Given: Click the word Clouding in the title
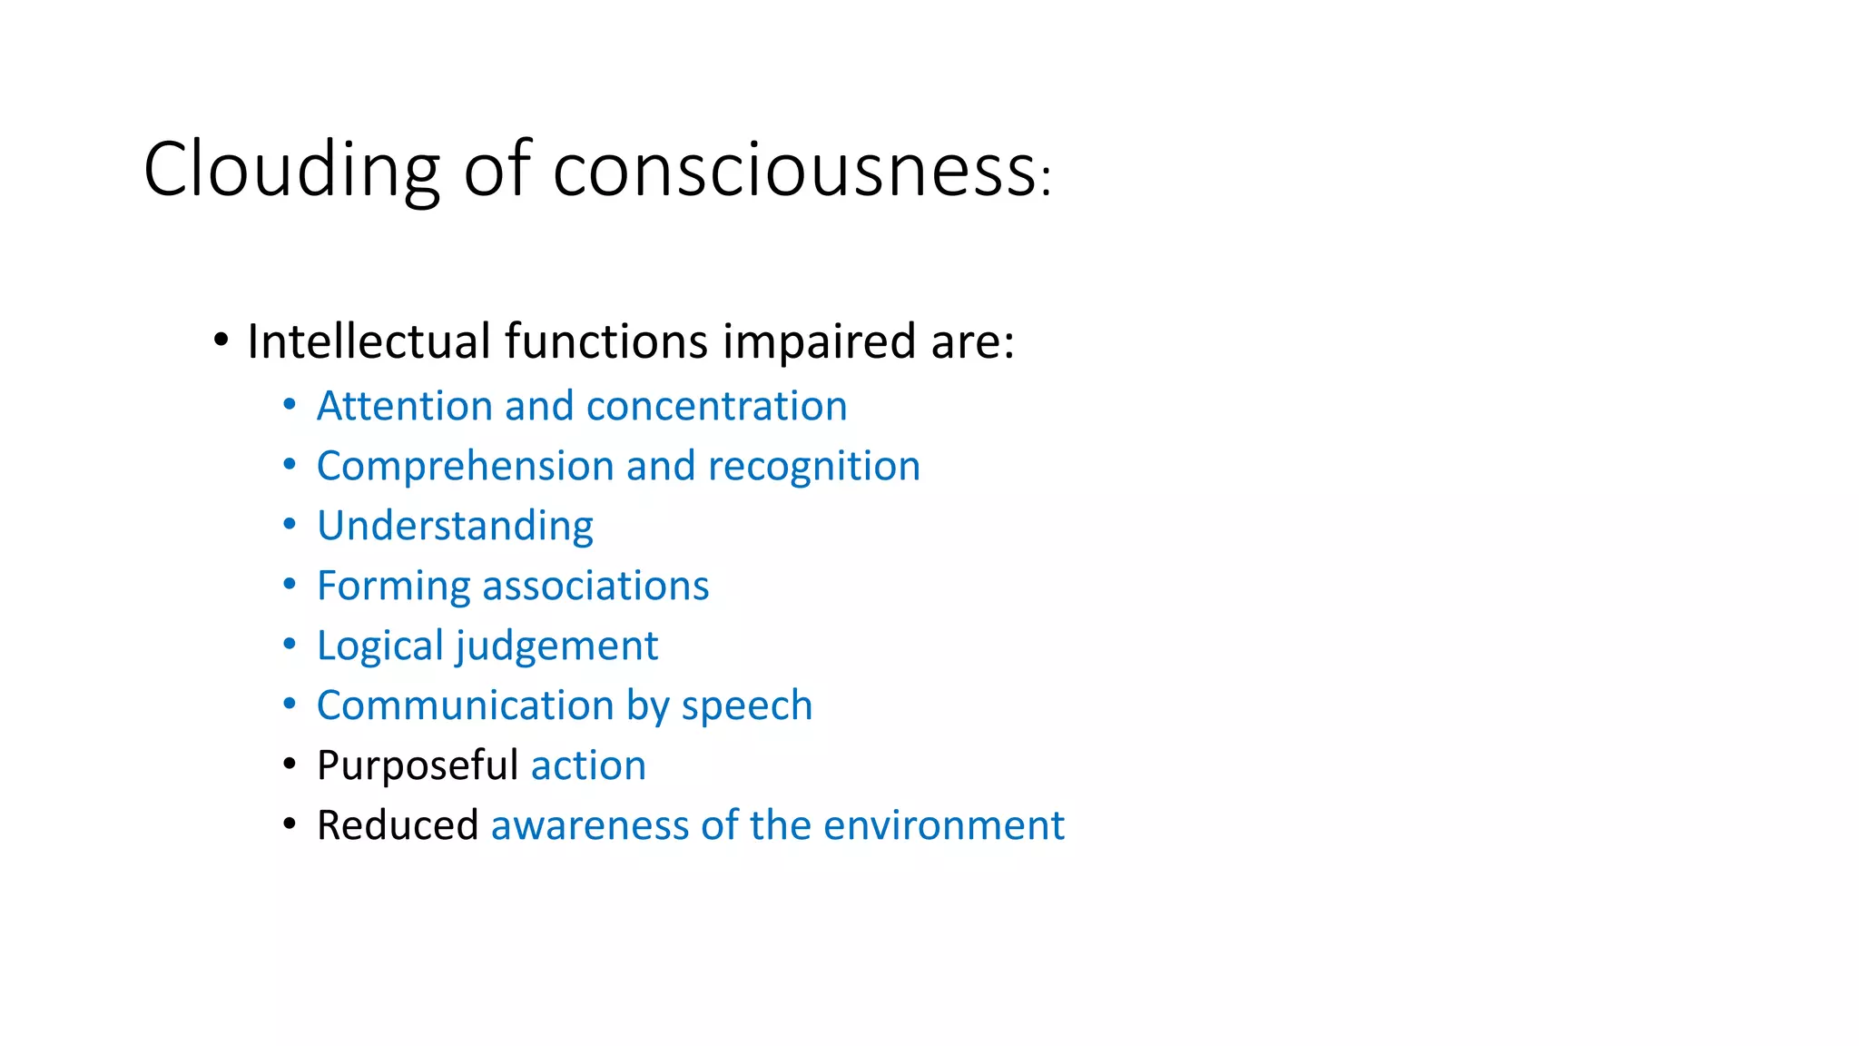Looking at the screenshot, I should click(291, 171).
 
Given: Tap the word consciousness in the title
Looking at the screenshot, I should click(793, 171).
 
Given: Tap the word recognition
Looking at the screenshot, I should click(813, 466).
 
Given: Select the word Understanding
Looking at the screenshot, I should click(455, 526).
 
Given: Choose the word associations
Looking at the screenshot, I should click(595, 586).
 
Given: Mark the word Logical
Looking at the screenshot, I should click(379, 646).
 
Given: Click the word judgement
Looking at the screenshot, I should click(556, 646).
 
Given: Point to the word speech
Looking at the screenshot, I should click(746, 706).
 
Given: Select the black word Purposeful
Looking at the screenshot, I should click(417, 765).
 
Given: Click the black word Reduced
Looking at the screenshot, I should click(397, 825).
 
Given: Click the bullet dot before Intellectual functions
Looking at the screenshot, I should click(221, 341).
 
